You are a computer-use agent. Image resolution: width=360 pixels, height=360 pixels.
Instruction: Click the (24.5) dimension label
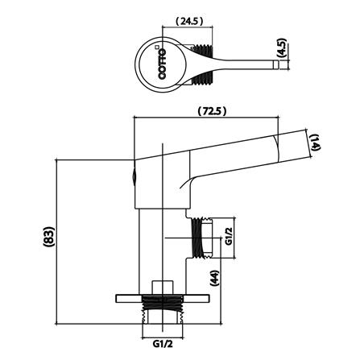[x=190, y=21]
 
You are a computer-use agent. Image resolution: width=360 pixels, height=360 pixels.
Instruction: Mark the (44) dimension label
[x=213, y=280]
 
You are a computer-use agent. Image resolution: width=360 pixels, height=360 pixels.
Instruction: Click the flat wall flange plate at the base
[x=163, y=295]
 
